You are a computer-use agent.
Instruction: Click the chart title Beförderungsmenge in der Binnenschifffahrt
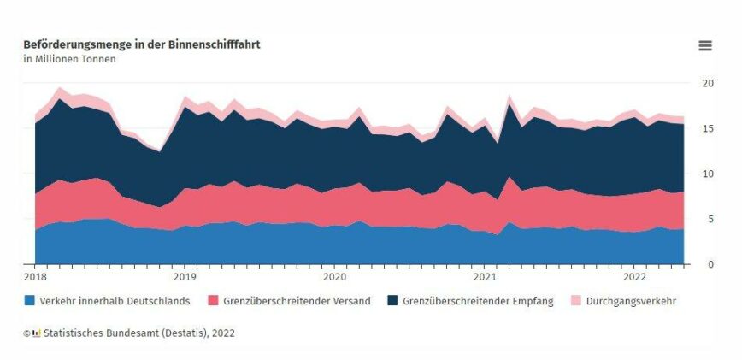point(142,44)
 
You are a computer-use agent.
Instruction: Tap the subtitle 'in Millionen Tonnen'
point(69,59)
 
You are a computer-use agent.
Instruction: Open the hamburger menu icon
point(705,46)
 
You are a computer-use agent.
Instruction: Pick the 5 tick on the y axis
point(704,219)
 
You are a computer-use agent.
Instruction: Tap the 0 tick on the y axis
point(704,264)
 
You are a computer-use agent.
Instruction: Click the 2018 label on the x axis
point(35,277)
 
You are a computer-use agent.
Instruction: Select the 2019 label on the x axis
point(185,277)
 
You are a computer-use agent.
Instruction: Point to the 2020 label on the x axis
point(335,277)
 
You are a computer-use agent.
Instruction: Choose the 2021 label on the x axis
point(485,277)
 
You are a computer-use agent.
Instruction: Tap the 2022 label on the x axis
point(635,277)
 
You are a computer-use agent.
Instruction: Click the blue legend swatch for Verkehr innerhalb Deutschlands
point(30,301)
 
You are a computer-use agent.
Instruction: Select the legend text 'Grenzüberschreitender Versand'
point(297,301)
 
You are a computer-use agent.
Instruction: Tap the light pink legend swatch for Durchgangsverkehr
point(578,301)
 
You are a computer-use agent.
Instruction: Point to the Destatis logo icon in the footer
point(36,333)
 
